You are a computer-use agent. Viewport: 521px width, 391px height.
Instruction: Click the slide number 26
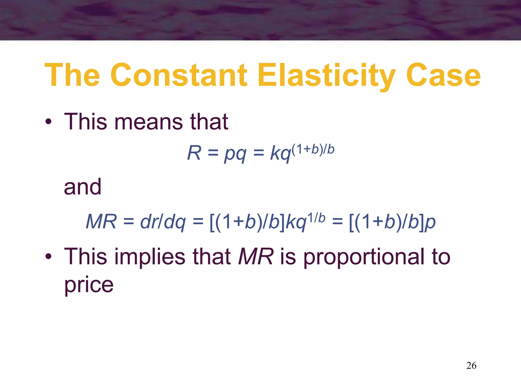471,366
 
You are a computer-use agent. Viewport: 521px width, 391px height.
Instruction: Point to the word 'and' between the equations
83,187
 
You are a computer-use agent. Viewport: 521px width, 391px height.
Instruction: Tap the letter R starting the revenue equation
194,153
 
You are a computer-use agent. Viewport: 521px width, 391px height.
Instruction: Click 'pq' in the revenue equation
235,154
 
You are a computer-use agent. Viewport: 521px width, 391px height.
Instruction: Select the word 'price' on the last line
89,285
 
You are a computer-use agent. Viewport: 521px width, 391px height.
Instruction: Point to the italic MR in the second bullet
256,257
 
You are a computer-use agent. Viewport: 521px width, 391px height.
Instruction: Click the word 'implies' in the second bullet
150,257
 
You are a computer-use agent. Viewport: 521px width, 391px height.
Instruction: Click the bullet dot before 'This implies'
48,257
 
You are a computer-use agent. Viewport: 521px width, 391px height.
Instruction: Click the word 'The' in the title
73,75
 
